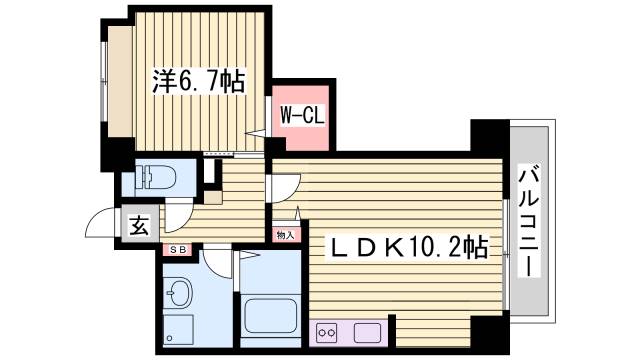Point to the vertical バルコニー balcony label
pyautogui.click(x=526, y=222)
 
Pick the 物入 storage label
pyautogui.click(x=285, y=234)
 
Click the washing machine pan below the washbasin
pyautogui.click(x=180, y=331)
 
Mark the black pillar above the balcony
pyautogui.click(x=490, y=134)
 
